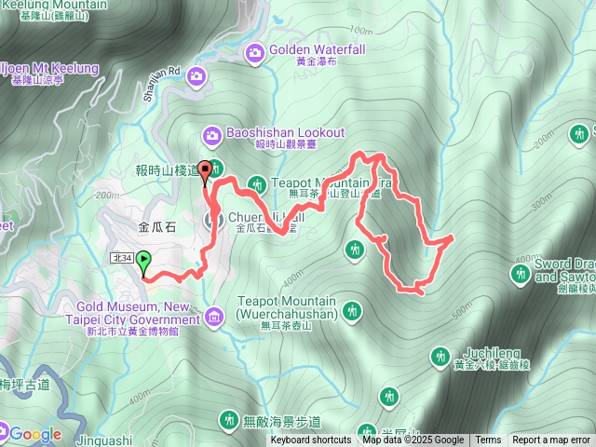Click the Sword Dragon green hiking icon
pyautogui.click(x=521, y=273)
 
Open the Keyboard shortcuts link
pyautogui.click(x=311, y=440)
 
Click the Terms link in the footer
pyautogui.click(x=488, y=440)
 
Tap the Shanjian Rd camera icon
pyautogui.click(x=197, y=74)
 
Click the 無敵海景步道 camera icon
pyautogui.click(x=227, y=421)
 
